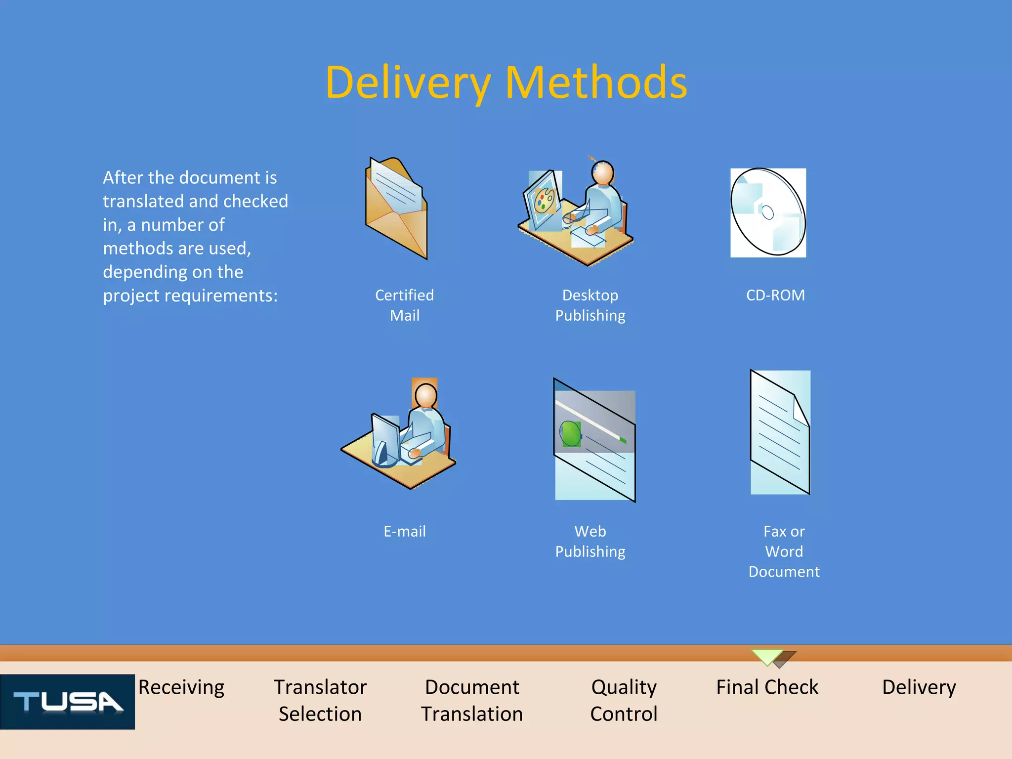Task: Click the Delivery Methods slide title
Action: [x=506, y=83]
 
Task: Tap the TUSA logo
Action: [x=68, y=702]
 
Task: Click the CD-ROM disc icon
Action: [x=768, y=212]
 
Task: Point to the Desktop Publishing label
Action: [x=590, y=305]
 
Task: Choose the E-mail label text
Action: [x=405, y=531]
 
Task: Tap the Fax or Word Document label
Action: [x=784, y=551]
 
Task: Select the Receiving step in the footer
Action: [x=181, y=687]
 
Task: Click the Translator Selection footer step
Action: [x=320, y=700]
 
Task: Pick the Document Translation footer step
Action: [x=472, y=700]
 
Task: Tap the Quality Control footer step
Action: [x=624, y=700]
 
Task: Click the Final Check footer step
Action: [x=767, y=687]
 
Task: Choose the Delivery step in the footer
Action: [x=919, y=687]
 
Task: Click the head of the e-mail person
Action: [x=426, y=395]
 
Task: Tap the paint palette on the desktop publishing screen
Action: [x=544, y=201]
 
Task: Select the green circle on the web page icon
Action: [x=571, y=434]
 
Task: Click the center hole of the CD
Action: [x=768, y=212]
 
